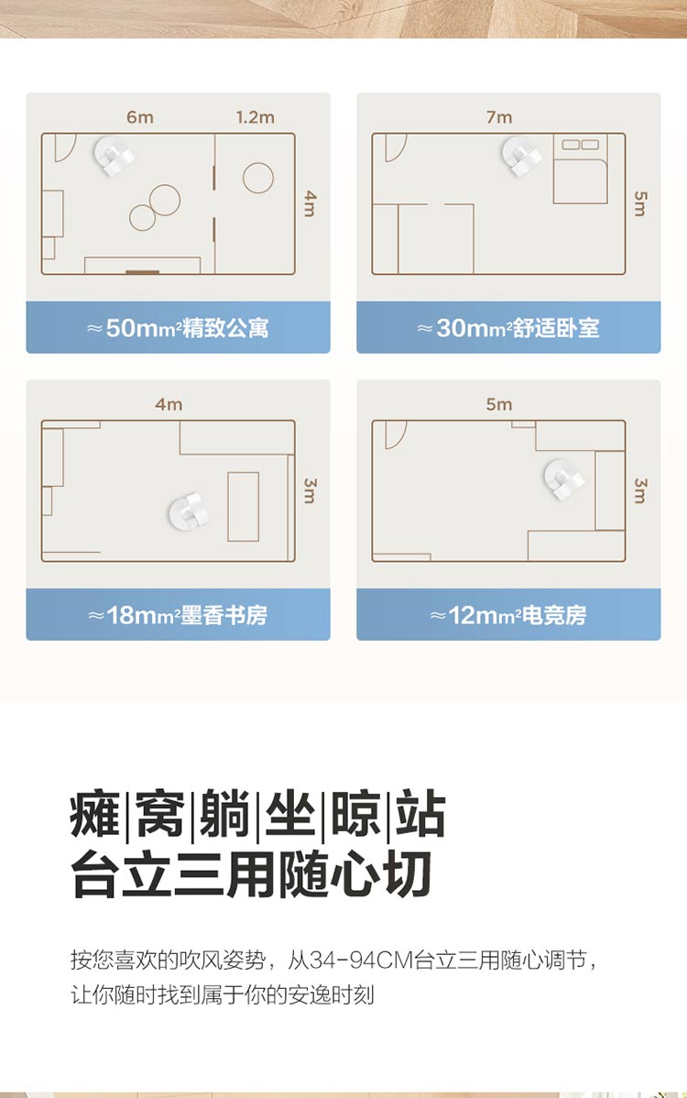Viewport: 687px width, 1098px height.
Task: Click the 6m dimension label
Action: tap(140, 117)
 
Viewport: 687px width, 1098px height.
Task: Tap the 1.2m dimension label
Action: tap(255, 117)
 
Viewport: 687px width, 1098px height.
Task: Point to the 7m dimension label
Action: tap(499, 117)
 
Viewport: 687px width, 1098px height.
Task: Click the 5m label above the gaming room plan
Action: tap(499, 404)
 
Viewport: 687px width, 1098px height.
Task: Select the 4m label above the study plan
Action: tap(169, 404)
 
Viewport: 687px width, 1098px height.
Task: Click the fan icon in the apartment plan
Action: tap(114, 156)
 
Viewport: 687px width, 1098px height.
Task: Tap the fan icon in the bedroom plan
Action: tap(521, 156)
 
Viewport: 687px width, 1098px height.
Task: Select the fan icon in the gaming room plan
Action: tap(564, 479)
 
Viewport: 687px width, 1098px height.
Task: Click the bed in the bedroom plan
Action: tap(580, 169)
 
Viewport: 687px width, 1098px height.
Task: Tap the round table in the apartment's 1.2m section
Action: tap(258, 178)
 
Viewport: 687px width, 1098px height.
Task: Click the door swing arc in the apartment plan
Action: tap(65, 148)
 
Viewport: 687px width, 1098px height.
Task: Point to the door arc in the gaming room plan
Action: tap(396, 434)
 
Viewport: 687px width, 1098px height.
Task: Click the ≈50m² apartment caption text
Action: tap(178, 328)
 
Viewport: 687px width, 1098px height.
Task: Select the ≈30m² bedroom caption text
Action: tap(508, 328)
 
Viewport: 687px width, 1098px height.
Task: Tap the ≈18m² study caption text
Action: tap(178, 615)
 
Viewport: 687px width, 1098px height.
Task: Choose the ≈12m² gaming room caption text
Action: tap(508, 615)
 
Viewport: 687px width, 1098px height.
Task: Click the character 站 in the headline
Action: tap(420, 813)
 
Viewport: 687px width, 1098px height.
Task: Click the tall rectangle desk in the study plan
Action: tap(244, 506)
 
